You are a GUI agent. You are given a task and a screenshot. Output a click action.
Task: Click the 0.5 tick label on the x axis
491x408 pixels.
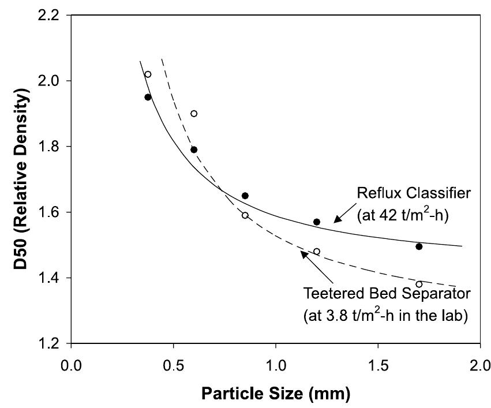(174, 365)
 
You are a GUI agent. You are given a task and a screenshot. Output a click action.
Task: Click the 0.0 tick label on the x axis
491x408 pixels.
(72, 365)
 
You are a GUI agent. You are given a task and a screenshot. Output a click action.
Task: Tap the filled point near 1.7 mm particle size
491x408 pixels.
(419, 246)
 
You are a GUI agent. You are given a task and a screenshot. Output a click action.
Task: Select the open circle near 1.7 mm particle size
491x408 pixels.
(419, 284)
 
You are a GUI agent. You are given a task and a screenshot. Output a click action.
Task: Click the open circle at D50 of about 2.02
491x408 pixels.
(148, 74)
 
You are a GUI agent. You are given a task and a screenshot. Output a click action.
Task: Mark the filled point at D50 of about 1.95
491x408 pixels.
(148, 97)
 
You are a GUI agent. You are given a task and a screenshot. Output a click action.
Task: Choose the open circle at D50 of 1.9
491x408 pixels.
(194, 114)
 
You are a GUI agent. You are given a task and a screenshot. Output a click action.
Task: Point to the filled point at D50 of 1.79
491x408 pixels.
(194, 149)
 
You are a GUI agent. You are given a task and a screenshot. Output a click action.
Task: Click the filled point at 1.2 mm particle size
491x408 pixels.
(316, 222)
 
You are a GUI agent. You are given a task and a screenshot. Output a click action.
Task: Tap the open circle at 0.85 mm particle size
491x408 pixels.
(245, 215)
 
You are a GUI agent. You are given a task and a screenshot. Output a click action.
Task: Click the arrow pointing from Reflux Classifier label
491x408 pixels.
(344, 215)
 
